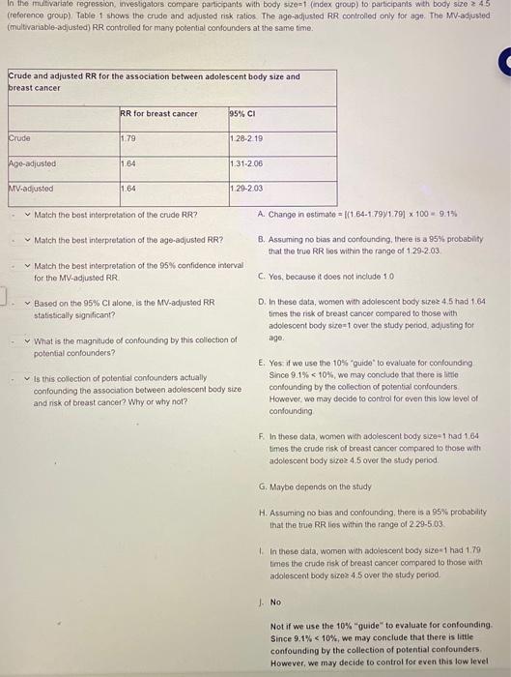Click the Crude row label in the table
pos(19,137)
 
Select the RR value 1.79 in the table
pos(129,137)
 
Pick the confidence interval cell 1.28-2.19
pos(247,137)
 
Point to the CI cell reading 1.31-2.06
pos(247,163)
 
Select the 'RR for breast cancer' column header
pos(158,113)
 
